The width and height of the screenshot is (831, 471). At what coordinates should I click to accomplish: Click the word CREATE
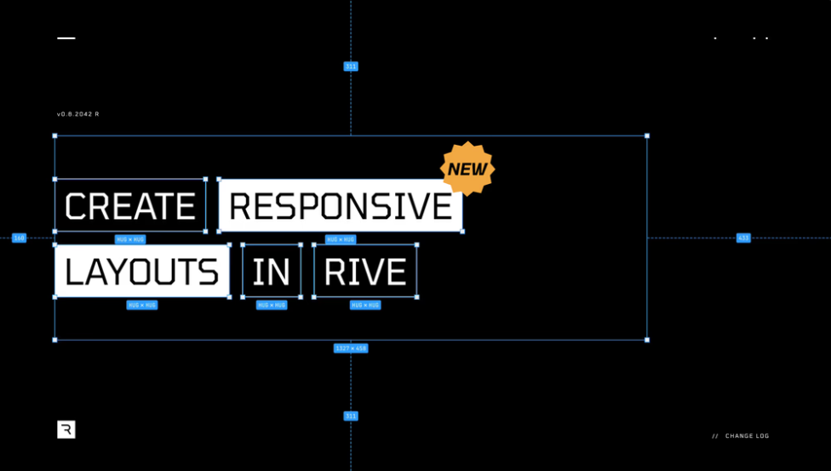click(x=130, y=206)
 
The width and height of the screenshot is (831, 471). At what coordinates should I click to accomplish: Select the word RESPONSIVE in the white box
click(x=341, y=206)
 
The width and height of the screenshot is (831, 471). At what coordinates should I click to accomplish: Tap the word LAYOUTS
click(x=141, y=272)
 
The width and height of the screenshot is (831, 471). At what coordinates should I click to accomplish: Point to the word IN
click(x=272, y=272)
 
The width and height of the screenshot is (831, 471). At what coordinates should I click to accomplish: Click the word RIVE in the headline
click(x=365, y=272)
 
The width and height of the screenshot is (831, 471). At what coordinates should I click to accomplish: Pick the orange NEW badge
click(x=467, y=169)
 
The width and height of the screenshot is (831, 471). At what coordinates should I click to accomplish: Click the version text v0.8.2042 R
click(x=78, y=114)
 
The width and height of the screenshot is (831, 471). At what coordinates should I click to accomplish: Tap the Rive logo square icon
click(x=66, y=429)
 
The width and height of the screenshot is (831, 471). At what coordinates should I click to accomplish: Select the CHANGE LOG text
click(x=747, y=436)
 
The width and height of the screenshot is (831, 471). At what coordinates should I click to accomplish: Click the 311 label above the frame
click(x=351, y=66)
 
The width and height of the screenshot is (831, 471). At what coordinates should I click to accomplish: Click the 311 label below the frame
click(x=351, y=416)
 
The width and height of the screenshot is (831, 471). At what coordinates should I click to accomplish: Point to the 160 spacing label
click(x=19, y=238)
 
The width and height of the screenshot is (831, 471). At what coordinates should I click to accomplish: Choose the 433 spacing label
click(x=743, y=238)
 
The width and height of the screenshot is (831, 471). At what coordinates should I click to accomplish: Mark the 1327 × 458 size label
click(x=351, y=348)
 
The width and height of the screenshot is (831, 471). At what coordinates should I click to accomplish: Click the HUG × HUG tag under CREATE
click(x=130, y=239)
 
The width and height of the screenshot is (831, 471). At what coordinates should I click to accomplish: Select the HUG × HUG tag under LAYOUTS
click(x=142, y=305)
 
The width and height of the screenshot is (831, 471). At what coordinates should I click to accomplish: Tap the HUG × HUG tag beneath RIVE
click(x=365, y=305)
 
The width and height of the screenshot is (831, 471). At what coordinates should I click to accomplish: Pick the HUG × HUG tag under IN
click(x=272, y=305)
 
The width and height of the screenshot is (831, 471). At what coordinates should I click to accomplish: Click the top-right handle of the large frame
click(x=647, y=135)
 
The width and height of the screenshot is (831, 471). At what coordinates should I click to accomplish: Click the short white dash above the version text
click(x=66, y=38)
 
